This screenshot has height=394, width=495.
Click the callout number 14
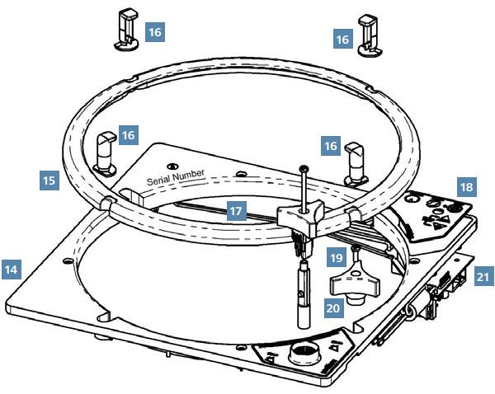12,269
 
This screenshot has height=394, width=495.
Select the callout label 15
49,179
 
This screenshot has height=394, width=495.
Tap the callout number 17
237,211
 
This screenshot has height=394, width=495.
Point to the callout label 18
467,187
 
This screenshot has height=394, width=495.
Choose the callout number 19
335,257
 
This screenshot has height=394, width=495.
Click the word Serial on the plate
163,180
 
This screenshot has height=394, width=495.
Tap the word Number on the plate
194,175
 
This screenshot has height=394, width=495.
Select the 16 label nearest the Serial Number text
128,135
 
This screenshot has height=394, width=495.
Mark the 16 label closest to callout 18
331,145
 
